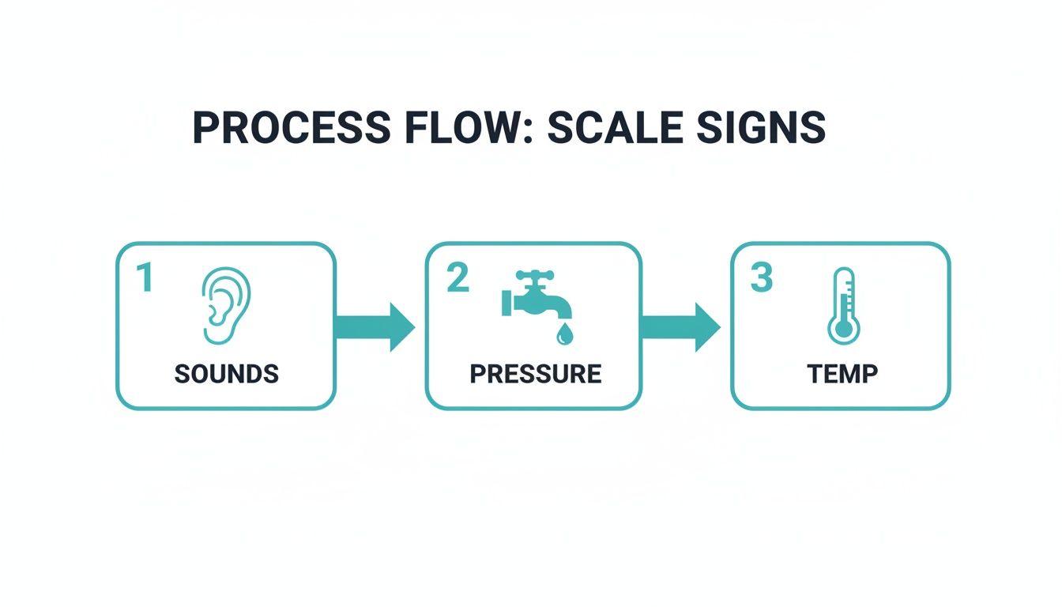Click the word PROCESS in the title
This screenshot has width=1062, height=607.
pos(291,127)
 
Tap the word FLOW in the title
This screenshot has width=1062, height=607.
pos(459,127)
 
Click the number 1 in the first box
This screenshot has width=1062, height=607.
pos(144,278)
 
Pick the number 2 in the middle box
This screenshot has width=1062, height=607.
pos(457,278)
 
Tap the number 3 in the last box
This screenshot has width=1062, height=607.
pos(761,278)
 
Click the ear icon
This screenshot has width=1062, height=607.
pos(227,305)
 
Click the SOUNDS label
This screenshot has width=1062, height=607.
pos(227,374)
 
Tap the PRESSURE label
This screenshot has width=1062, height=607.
pos(536,374)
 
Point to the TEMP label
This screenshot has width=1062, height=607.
pos(843,374)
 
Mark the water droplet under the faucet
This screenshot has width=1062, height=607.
pos(563,335)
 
